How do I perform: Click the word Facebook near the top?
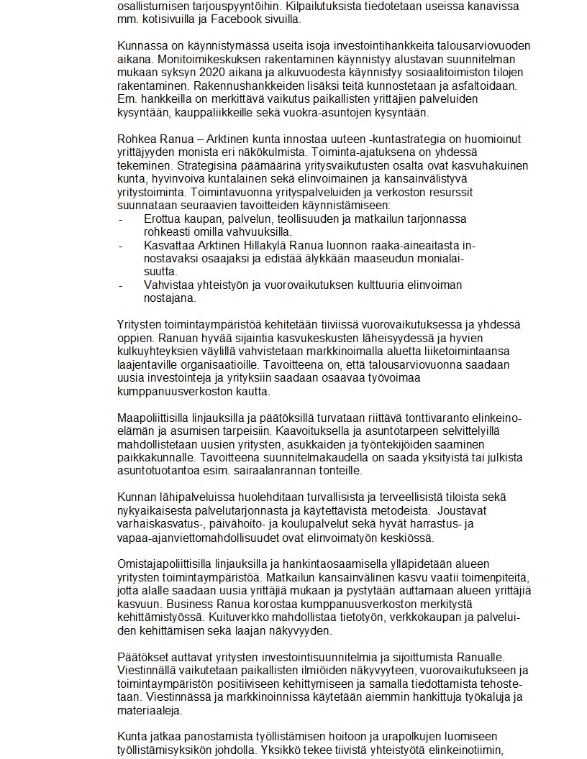click(x=205, y=19)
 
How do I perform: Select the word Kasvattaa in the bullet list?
click(x=166, y=245)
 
